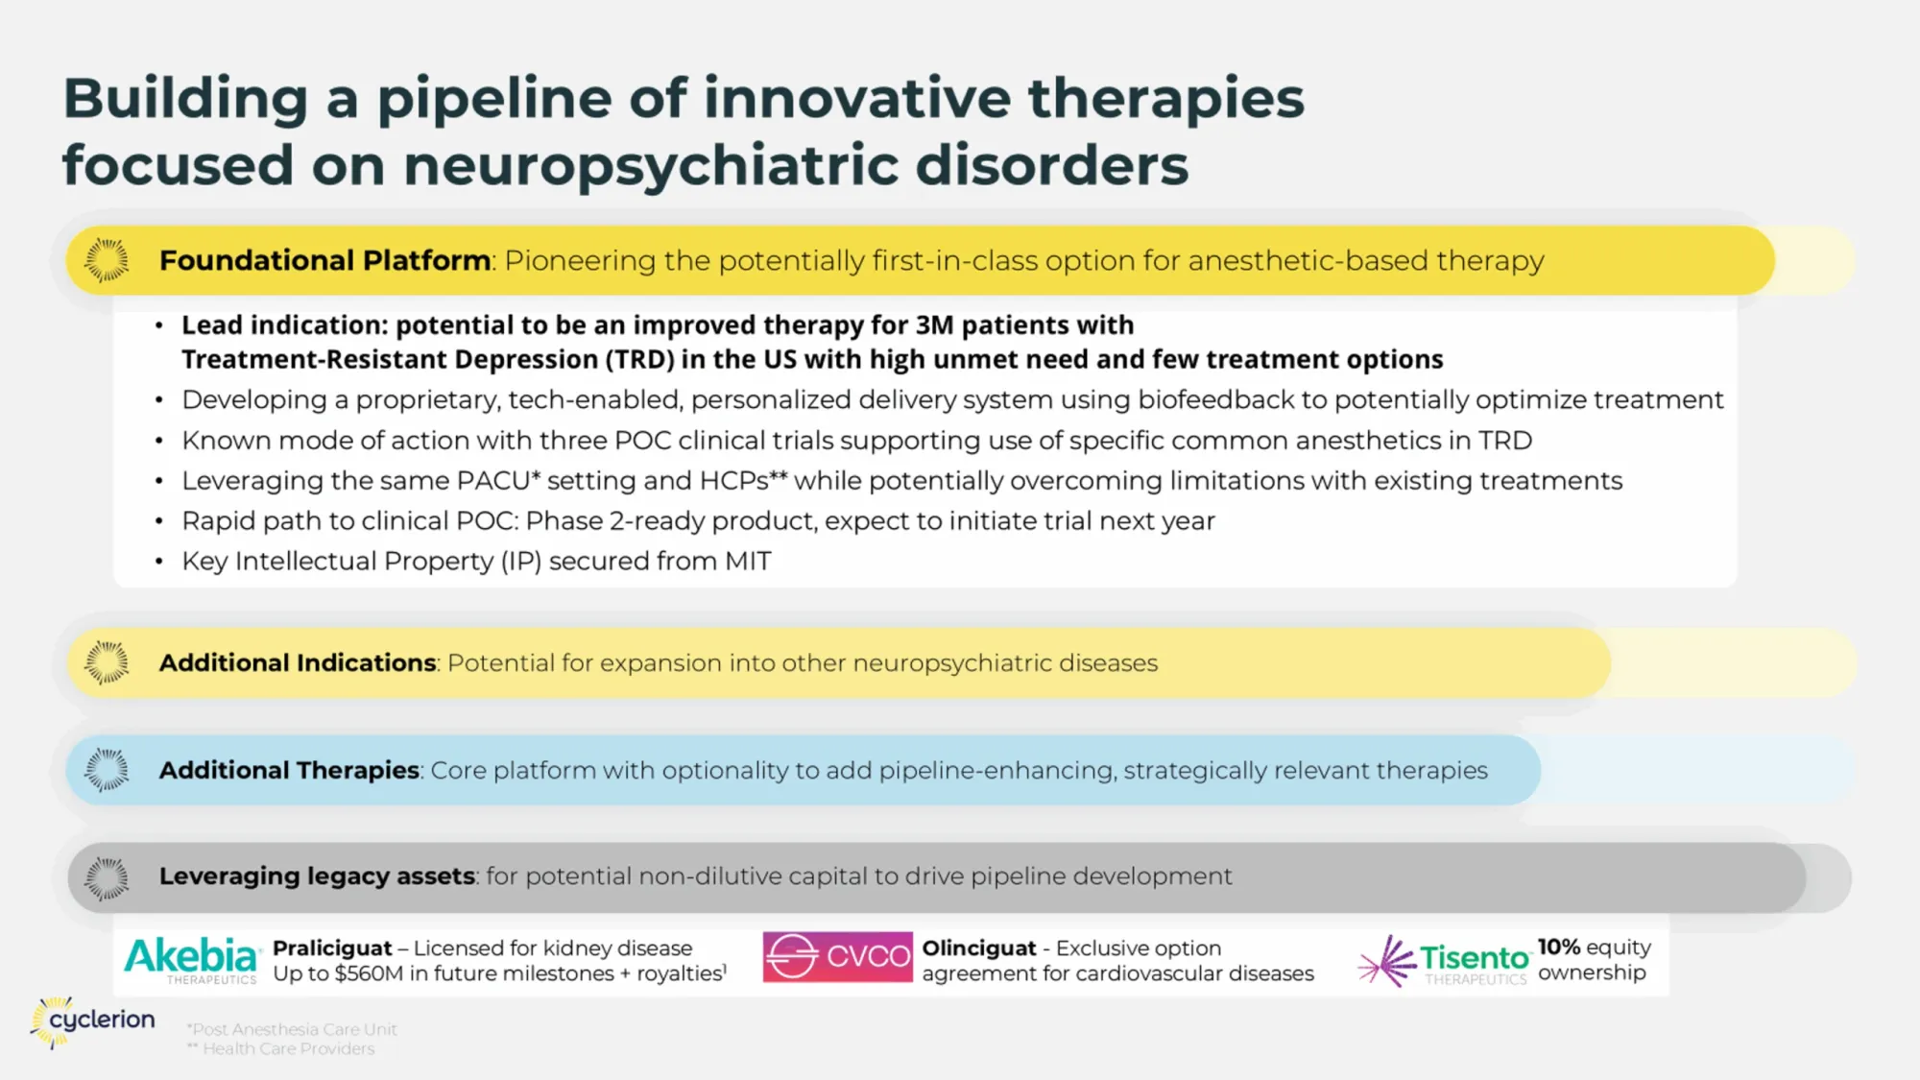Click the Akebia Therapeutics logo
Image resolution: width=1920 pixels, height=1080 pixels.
tap(191, 959)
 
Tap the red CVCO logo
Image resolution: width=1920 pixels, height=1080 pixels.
tap(837, 956)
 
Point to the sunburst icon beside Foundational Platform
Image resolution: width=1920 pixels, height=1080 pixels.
tap(107, 260)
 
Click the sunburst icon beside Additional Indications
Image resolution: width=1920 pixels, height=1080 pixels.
tap(107, 662)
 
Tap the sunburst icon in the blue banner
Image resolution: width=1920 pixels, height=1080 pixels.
tap(107, 770)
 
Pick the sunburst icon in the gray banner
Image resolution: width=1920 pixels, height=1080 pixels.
tap(107, 877)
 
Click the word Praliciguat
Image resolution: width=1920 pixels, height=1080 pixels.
tap(332, 948)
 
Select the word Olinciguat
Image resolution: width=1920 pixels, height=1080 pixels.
tap(979, 948)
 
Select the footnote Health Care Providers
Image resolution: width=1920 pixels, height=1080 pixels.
tap(288, 1049)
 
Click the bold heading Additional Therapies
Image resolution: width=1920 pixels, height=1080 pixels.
tap(289, 770)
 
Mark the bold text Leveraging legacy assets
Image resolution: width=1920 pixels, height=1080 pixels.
tap(317, 876)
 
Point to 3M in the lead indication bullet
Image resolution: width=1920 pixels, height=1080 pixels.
tap(934, 325)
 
